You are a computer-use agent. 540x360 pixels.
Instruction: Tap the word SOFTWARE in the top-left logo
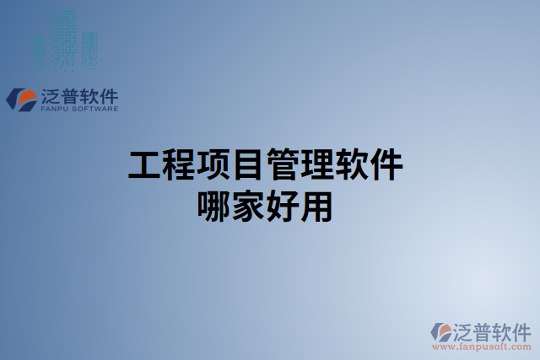[x=94, y=109]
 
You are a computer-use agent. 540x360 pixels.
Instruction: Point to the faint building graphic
[x=66, y=40]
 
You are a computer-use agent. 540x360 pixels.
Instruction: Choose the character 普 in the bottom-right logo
[x=483, y=330]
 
